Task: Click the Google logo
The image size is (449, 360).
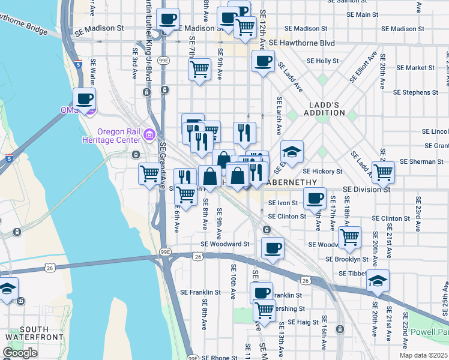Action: point(20,353)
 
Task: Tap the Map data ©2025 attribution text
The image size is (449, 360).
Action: point(423,355)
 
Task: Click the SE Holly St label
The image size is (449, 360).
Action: point(323,61)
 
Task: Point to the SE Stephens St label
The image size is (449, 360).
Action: point(415,92)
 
